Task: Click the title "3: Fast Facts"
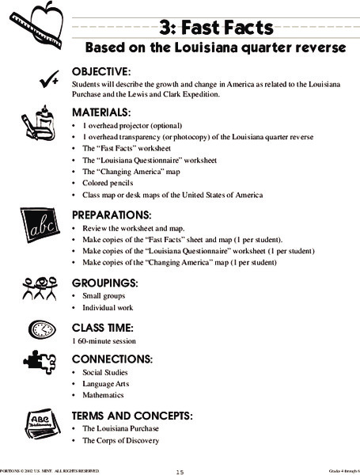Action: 215,28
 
